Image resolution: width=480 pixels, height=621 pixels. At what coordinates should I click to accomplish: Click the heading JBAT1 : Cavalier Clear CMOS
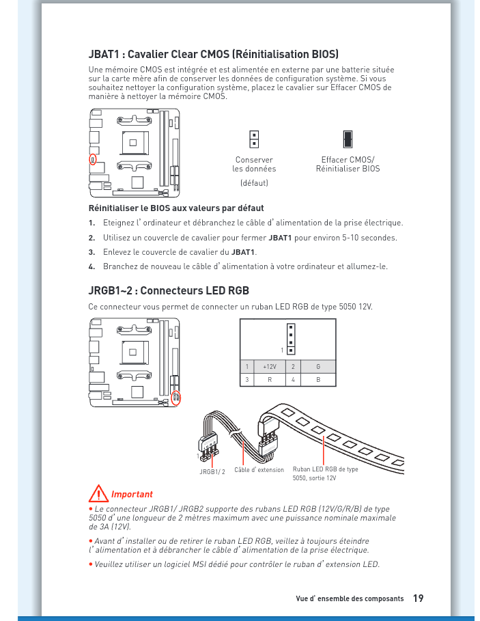[x=214, y=54]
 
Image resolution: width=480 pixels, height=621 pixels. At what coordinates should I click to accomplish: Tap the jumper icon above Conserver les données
[x=254, y=139]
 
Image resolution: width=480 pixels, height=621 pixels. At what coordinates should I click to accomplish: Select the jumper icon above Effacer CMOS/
[x=348, y=139]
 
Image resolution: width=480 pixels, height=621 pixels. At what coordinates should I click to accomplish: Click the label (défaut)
[x=254, y=183]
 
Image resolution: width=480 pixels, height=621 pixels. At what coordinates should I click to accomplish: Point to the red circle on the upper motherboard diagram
[x=94, y=159]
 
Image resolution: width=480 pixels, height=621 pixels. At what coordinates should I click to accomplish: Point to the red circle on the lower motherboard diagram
[x=176, y=397]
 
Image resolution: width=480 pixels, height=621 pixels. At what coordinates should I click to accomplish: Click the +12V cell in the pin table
[x=269, y=367]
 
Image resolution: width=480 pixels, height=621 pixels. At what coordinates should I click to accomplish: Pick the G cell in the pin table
[x=317, y=367]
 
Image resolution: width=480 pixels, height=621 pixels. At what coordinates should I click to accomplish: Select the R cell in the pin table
[x=269, y=378]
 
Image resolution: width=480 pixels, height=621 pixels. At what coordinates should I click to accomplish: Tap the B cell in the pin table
[x=317, y=378]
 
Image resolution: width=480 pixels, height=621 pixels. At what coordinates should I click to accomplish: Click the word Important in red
[x=132, y=494]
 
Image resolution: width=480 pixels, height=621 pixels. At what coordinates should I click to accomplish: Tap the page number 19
[x=418, y=598]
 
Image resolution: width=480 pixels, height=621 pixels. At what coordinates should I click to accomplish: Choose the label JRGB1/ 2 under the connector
[x=212, y=471]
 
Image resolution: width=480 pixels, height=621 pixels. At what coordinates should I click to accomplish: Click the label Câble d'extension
[x=259, y=470]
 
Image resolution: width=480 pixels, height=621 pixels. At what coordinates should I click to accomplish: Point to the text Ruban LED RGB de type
[x=325, y=469]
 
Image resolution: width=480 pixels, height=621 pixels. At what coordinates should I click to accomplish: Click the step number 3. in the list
[x=91, y=252]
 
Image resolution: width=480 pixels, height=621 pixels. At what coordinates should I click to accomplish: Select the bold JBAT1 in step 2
[x=280, y=238]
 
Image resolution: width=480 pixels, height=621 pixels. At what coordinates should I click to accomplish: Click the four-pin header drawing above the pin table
[x=291, y=340]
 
